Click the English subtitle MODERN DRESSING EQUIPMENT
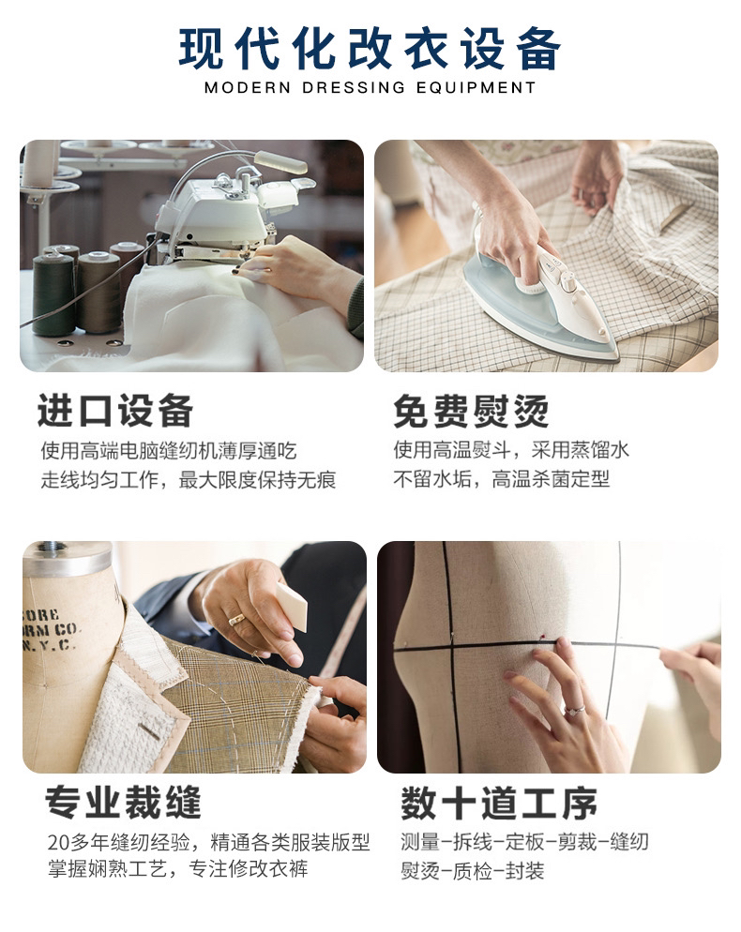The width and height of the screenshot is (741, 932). (370, 88)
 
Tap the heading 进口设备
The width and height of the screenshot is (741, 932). (115, 411)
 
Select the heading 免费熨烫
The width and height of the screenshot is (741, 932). (471, 411)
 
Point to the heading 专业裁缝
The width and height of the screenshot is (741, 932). (123, 803)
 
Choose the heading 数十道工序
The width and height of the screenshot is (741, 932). (499, 803)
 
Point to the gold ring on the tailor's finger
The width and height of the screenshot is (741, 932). (236, 619)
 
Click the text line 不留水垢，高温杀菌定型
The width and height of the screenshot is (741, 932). (501, 480)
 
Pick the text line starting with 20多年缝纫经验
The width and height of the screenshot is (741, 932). (208, 841)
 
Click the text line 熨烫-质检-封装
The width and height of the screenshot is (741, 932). (473, 871)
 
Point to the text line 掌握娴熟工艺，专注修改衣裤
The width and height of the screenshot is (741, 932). (176, 869)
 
